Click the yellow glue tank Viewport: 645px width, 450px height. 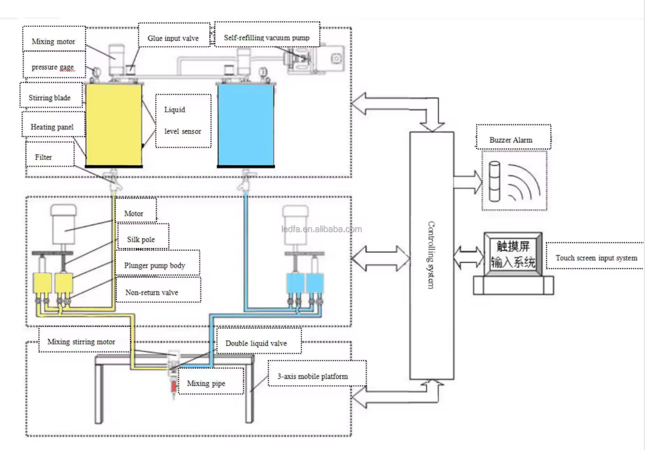[113, 125]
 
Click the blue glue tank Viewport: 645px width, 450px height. [246, 125]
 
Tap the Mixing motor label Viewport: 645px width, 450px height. [53, 41]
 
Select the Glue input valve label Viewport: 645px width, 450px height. [173, 38]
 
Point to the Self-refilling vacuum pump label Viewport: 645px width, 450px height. [266, 38]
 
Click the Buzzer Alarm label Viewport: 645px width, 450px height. [510, 140]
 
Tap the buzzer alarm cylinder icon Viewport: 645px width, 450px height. [494, 181]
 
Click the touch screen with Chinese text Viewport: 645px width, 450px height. [513, 254]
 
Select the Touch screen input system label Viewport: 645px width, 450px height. [596, 258]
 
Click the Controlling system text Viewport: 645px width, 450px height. [431, 255]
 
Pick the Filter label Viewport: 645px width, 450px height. [43, 157]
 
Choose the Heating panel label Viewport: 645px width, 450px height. [52, 127]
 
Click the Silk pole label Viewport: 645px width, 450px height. [141, 239]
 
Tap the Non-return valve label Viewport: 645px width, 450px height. [151, 293]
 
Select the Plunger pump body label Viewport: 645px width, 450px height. [154, 266]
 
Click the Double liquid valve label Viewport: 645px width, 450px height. [256, 343]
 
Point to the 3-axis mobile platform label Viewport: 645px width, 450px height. [312, 377]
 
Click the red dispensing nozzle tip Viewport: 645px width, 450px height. [174, 386]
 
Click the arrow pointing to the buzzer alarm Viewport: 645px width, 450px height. [467, 181]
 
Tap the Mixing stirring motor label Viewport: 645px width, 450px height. [81, 341]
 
